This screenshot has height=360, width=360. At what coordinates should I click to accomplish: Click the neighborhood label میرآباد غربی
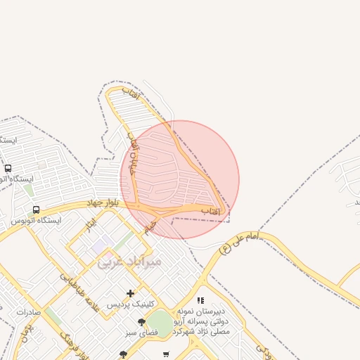[129, 262]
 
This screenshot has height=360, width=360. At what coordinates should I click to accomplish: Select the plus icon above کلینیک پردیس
[130, 293]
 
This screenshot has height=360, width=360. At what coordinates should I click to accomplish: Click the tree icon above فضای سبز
[141, 322]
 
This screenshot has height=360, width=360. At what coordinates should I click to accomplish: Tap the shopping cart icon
[166, 354]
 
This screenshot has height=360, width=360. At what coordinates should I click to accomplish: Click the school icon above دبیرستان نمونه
[201, 300]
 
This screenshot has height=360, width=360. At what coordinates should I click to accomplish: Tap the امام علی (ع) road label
[239, 242]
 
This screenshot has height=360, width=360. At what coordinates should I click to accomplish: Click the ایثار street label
[89, 225]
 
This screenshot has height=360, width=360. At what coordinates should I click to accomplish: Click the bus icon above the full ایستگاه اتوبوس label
[36, 210]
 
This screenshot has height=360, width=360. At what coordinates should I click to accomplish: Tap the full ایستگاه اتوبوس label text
[36, 220]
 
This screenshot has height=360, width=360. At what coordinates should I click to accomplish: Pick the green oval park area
[160, 323]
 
